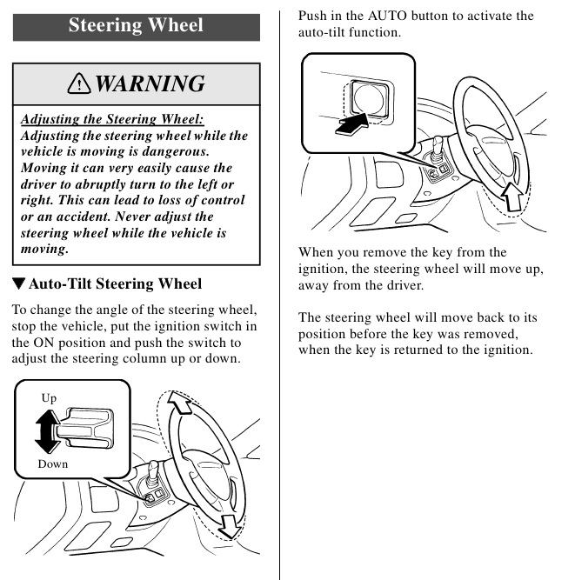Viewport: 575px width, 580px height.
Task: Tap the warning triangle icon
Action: (x=80, y=83)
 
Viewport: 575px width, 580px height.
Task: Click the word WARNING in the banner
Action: (x=149, y=83)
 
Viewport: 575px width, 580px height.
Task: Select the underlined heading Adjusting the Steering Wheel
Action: (x=117, y=119)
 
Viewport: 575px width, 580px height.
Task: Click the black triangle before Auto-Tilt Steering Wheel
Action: (x=18, y=283)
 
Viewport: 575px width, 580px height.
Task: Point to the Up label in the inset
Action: (x=50, y=397)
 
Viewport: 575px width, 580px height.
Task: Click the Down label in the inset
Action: (x=52, y=464)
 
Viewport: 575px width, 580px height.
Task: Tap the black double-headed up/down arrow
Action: (x=48, y=431)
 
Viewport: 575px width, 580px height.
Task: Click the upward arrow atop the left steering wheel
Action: (x=179, y=402)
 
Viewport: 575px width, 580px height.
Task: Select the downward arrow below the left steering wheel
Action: (x=231, y=524)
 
